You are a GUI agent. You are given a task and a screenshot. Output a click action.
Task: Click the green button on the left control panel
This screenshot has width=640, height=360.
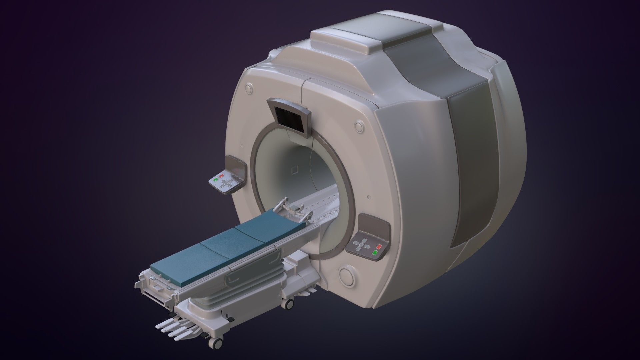[216, 179]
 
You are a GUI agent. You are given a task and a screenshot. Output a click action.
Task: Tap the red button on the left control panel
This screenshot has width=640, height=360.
[222, 175]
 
